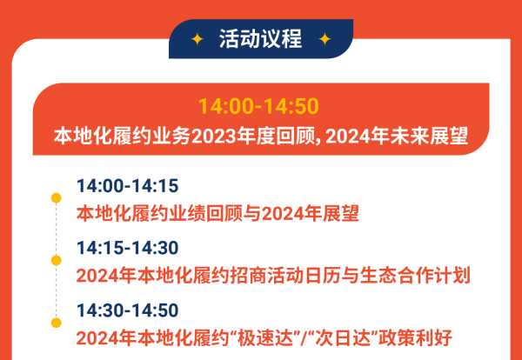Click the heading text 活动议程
(261, 39)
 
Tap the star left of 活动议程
(197, 39)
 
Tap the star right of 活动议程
(325, 39)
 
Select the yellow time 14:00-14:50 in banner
(258, 107)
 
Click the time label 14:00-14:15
(127, 186)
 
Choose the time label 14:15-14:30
(127, 249)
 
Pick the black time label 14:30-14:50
(127, 310)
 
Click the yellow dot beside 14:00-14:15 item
(57, 198)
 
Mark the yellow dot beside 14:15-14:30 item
(57, 260)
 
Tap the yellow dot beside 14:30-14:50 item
(57, 322)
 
